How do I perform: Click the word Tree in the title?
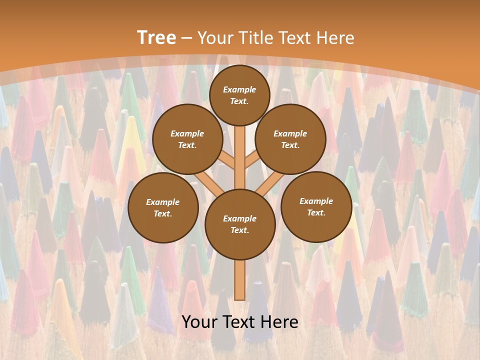(x=156, y=37)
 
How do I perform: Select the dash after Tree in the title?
(x=187, y=38)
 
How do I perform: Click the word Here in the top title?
(x=335, y=38)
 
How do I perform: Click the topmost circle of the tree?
(x=239, y=95)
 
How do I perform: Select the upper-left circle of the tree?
(x=187, y=139)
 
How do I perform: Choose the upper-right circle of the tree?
(x=290, y=139)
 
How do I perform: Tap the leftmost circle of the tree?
(x=163, y=207)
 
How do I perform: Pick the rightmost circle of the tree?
(x=316, y=206)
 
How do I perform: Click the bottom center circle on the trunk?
(x=240, y=224)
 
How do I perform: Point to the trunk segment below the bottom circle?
(x=240, y=280)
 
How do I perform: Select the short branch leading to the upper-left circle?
(x=227, y=161)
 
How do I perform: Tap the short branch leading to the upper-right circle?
(x=251, y=160)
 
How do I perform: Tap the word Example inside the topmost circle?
(x=239, y=89)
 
